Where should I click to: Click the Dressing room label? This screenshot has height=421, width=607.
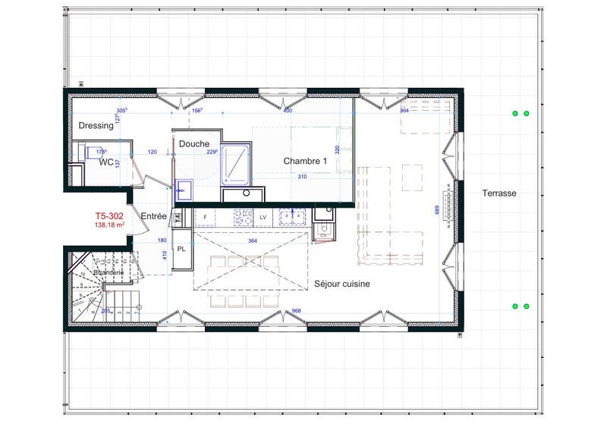(x=96, y=126)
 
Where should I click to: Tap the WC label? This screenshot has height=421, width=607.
(x=105, y=162)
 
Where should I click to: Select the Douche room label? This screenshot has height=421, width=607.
(x=194, y=143)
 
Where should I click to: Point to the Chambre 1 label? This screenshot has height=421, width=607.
(x=305, y=162)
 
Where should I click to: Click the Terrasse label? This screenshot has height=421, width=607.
(x=498, y=193)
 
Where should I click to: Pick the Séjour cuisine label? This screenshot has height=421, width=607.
(x=342, y=284)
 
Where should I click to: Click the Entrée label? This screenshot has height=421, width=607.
(x=154, y=217)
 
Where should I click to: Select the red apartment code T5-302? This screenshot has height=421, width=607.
(x=109, y=215)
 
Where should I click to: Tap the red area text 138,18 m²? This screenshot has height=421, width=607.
(x=109, y=225)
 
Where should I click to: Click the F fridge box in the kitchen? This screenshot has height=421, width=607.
(x=205, y=218)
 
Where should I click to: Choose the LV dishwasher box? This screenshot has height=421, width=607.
(x=263, y=218)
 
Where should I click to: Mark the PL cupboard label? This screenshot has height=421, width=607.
(x=182, y=248)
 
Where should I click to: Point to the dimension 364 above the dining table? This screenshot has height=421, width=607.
(x=252, y=241)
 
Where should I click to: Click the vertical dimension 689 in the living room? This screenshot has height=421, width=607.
(x=436, y=212)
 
